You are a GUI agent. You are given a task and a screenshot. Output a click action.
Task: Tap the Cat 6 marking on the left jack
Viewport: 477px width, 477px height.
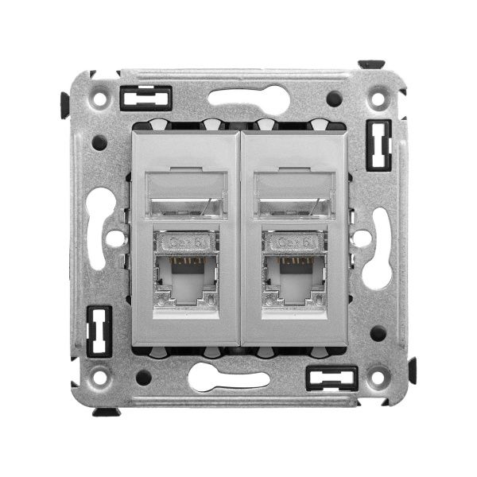[185, 242]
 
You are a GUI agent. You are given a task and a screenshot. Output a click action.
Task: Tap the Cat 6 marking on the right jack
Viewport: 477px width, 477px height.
[294, 242]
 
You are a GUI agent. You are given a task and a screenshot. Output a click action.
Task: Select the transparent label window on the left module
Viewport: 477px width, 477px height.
[186, 194]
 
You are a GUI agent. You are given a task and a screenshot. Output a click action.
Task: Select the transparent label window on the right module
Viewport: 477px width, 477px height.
[295, 194]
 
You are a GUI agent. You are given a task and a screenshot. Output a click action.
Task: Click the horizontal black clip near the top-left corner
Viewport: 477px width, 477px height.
[145, 98]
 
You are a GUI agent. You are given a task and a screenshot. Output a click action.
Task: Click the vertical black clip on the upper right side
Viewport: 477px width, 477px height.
[378, 145]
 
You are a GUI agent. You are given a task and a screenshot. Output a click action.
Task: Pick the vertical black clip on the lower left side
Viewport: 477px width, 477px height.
[99, 331]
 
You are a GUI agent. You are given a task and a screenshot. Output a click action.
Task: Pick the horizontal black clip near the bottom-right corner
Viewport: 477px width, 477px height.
[332, 378]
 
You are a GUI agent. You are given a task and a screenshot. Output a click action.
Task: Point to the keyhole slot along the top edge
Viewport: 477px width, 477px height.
[249, 98]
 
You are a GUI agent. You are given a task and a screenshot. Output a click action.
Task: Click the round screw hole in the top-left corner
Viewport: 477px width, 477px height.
[99, 99]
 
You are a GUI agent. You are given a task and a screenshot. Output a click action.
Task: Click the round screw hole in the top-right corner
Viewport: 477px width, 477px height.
[378, 99]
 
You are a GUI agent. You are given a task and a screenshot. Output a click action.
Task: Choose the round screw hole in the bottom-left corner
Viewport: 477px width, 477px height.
[99, 377]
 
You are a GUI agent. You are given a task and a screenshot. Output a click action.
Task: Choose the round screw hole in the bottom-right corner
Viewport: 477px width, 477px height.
[378, 377]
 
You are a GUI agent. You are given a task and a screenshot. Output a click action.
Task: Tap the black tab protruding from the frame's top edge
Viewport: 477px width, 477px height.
[370, 64]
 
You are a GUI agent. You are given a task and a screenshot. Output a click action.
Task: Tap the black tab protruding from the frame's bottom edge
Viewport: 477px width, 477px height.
[106, 412]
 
